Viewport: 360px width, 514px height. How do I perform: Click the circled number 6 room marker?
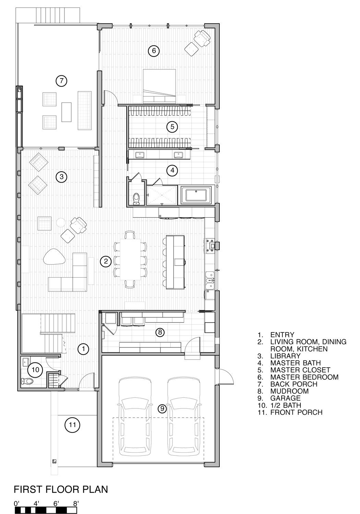[x=154, y=50]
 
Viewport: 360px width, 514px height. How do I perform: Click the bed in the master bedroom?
[x=159, y=86]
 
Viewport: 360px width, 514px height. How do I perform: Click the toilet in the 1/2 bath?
[x=27, y=381]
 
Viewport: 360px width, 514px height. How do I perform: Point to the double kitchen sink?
[x=210, y=280]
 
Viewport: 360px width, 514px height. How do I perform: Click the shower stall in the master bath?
[x=162, y=195]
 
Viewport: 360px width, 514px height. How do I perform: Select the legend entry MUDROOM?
[x=289, y=391]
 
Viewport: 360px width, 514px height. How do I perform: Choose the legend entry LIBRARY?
[x=285, y=356]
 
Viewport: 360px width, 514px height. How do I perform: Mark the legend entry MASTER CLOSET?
[x=300, y=370]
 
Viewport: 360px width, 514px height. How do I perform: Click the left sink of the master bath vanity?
[x=140, y=155]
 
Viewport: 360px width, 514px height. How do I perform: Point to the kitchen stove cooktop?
[x=210, y=246]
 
